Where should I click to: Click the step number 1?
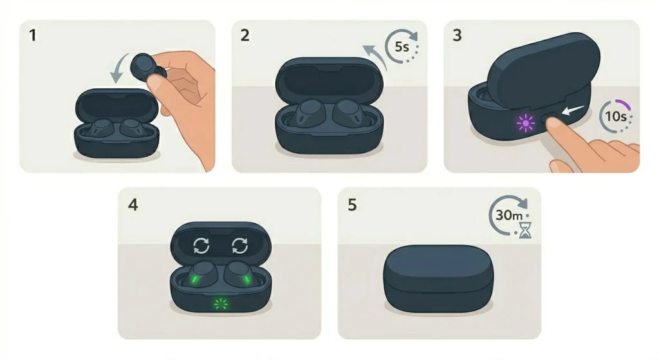(x=32, y=35)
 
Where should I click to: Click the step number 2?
(x=245, y=35)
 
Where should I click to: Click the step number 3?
(x=458, y=35)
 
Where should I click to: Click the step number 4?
(x=133, y=205)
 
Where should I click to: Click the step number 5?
(x=352, y=205)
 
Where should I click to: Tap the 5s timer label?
(x=402, y=47)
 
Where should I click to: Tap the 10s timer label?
(x=616, y=116)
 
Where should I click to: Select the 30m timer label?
(x=509, y=216)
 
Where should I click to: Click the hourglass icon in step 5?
(x=525, y=230)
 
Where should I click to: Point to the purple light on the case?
(x=525, y=123)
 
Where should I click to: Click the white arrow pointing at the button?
(x=573, y=111)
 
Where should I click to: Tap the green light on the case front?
(x=221, y=303)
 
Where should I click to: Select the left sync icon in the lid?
(x=201, y=245)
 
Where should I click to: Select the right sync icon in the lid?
(x=240, y=245)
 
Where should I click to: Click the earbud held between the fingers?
(x=146, y=67)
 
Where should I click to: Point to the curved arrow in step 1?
(x=117, y=67)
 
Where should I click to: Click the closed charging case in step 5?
(x=438, y=278)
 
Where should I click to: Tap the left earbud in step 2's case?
(x=307, y=113)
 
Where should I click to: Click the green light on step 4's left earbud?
(x=195, y=279)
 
